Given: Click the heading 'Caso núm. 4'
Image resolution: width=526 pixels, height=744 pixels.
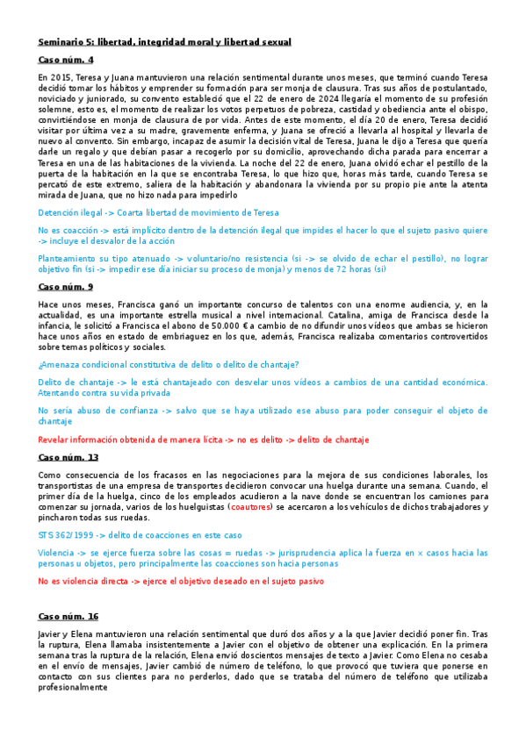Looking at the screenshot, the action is click(x=66, y=60).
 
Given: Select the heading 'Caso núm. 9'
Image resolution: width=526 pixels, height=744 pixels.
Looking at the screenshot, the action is click(x=66, y=287).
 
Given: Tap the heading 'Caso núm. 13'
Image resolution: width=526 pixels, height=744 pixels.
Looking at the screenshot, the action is click(x=68, y=457).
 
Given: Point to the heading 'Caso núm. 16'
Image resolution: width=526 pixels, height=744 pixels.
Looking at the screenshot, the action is click(x=68, y=617).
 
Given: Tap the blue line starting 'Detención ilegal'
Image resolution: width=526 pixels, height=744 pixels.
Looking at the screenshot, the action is click(x=159, y=212).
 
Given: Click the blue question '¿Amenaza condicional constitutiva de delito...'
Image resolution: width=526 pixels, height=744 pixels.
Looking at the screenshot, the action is click(x=169, y=364).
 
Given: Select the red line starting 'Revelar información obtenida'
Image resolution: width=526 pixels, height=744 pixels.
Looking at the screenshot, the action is click(x=204, y=440).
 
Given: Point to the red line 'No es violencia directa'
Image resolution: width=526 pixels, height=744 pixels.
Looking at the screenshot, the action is click(x=181, y=581).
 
